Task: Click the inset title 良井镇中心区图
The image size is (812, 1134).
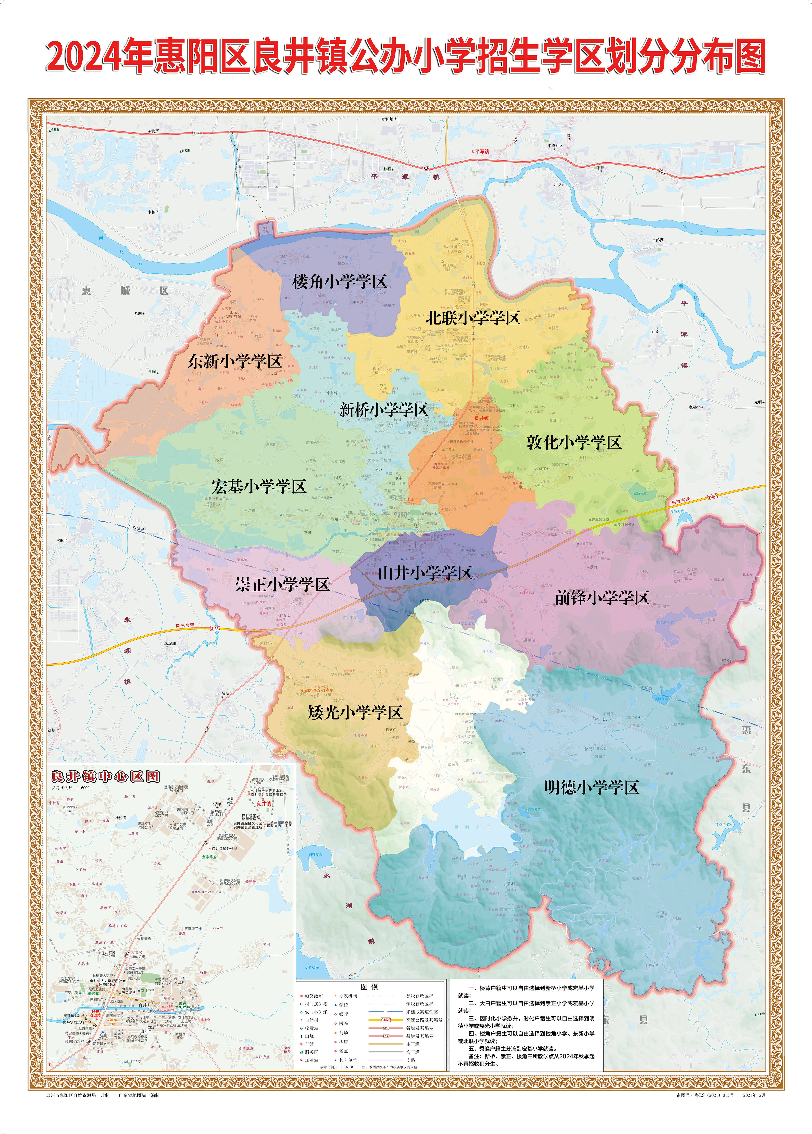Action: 106,776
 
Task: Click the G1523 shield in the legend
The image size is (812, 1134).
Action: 385,1020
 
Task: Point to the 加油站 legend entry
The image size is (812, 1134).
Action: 311,1060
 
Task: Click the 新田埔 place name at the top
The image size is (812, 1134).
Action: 388,120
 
